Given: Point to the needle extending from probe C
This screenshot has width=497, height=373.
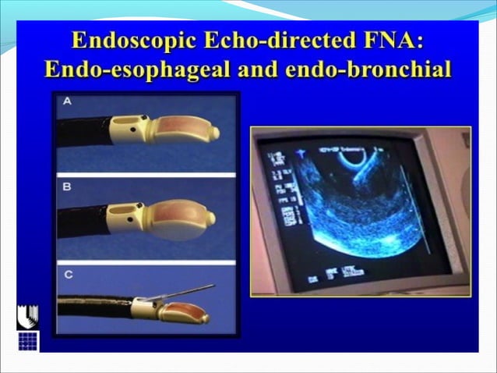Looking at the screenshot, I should click(187, 292).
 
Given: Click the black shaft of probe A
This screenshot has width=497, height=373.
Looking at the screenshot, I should click(82, 132).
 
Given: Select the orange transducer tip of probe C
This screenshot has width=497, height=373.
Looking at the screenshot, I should click(187, 314).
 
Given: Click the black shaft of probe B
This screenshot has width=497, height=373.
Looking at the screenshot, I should click(82, 220).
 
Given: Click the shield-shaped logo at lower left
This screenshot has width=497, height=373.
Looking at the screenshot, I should click(28, 315).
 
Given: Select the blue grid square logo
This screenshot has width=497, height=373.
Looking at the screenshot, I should click(28, 341).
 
